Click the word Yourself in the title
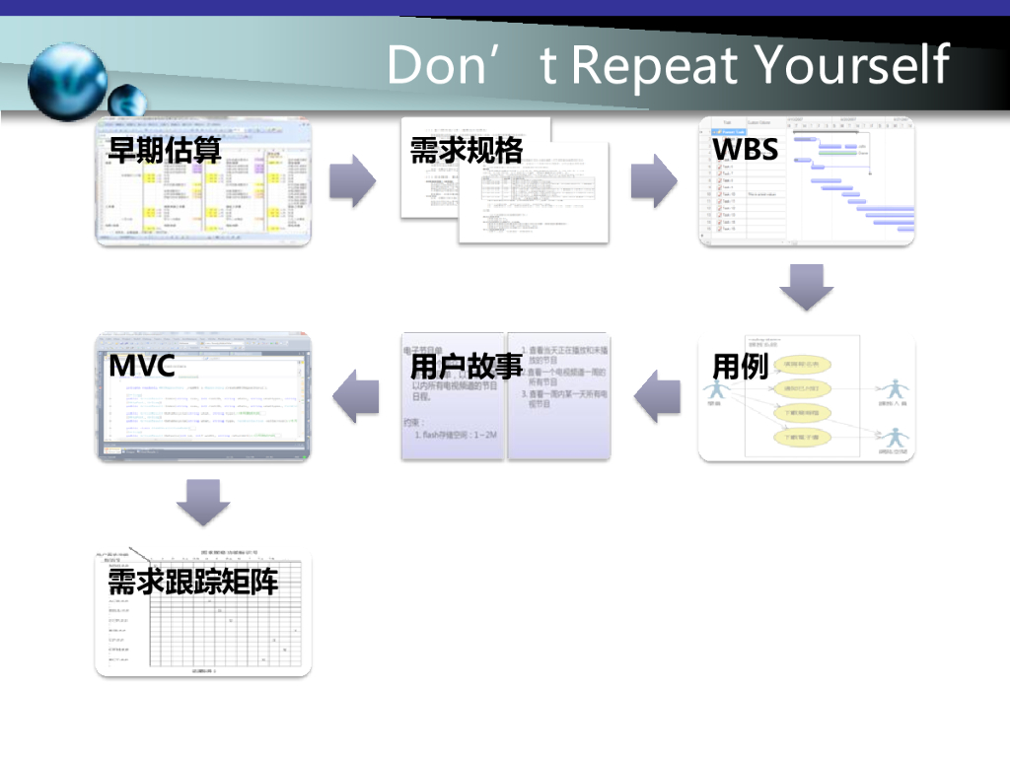click(x=851, y=65)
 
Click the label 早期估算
click(x=165, y=150)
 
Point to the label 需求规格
click(x=466, y=150)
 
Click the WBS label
click(x=746, y=150)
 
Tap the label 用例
click(x=740, y=367)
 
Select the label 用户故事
click(x=466, y=367)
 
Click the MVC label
click(x=142, y=367)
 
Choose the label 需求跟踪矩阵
click(x=193, y=583)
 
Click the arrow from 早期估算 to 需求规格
click(x=352, y=180)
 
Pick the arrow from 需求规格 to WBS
click(x=653, y=180)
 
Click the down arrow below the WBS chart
click(x=807, y=287)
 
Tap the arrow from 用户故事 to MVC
click(x=355, y=396)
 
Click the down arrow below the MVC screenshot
click(x=203, y=502)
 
